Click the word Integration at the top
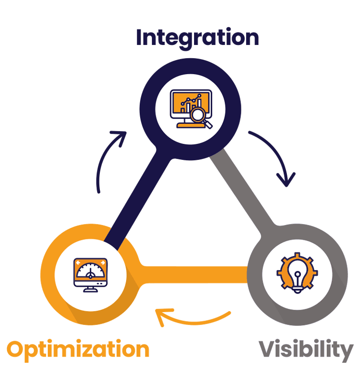tap(197, 37)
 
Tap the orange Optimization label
tap(78, 350)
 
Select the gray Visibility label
tap(306, 350)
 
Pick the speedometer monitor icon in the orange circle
tap(90, 274)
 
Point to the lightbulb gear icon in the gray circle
tap(297, 273)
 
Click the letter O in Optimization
tap(17, 350)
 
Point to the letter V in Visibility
tap(269, 349)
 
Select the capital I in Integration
tap(140, 37)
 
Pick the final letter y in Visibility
tap(345, 352)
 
